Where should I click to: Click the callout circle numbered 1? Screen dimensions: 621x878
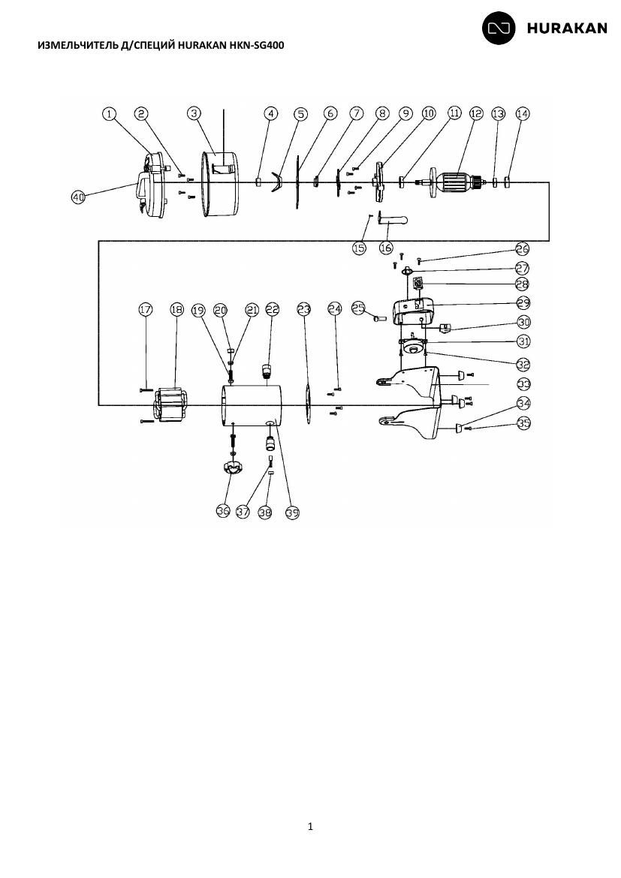point(110,113)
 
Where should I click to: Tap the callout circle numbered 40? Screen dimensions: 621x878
point(78,197)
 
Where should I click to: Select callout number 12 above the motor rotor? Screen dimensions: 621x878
point(476,113)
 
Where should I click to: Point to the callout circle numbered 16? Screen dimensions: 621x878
point(386,247)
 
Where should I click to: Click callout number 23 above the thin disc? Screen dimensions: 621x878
point(304,309)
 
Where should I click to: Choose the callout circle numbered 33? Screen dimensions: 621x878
point(523,384)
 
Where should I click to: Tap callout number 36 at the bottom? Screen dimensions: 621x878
point(223,511)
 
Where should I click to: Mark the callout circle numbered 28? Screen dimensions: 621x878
point(523,284)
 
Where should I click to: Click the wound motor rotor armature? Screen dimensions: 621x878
point(454,182)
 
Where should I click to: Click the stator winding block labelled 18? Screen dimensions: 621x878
point(170,404)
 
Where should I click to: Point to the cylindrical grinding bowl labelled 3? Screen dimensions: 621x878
point(220,184)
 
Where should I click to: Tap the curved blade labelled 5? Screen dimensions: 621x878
point(275,182)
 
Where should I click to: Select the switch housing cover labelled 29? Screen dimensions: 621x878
point(413,311)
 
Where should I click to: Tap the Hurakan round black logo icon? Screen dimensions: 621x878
point(499,28)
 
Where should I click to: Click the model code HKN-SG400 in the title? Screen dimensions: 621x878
point(258,45)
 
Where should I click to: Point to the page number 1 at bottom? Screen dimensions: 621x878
point(311,826)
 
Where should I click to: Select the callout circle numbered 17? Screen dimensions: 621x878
point(146,309)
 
